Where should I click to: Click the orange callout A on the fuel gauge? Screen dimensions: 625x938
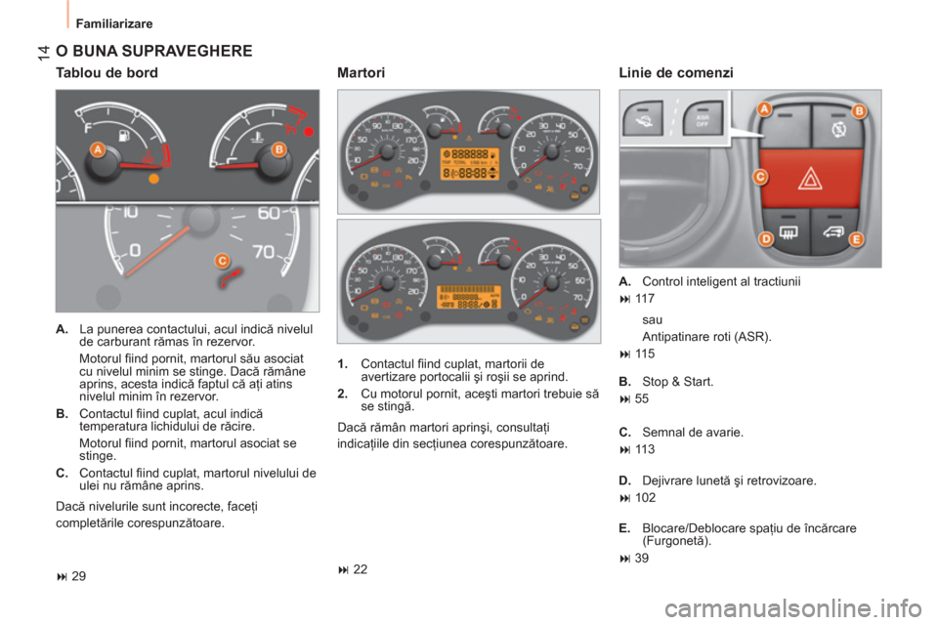[98, 149]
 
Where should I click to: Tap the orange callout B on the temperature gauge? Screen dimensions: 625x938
[277, 149]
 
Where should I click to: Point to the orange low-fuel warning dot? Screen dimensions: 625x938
[151, 180]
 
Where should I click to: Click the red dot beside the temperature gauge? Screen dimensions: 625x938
[310, 131]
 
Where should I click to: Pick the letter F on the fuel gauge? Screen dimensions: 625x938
[89, 126]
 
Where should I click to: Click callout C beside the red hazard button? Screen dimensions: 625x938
[759, 176]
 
